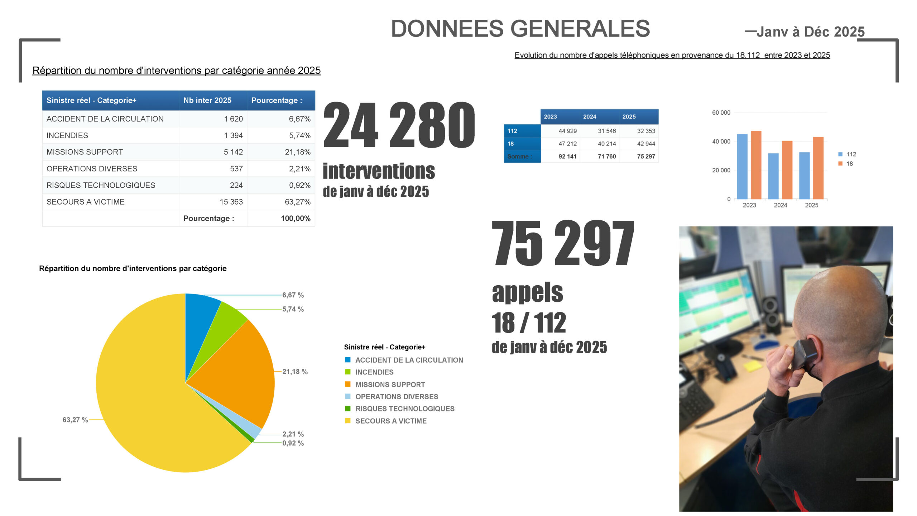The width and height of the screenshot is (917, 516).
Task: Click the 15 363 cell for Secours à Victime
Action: tap(231, 202)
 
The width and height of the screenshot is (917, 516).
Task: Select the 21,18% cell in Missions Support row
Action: tap(297, 152)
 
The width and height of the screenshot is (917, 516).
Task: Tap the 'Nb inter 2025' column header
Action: tap(207, 100)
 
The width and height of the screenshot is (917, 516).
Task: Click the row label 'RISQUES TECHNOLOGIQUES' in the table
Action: tap(101, 185)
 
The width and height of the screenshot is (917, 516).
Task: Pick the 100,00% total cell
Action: tap(296, 218)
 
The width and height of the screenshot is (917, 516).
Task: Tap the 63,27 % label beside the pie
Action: tap(75, 420)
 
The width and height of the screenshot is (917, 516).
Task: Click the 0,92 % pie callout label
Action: tap(293, 443)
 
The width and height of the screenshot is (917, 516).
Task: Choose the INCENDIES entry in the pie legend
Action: tap(374, 372)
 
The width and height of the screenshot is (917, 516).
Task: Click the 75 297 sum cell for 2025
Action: tap(646, 157)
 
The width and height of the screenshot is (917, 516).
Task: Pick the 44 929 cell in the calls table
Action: tap(567, 131)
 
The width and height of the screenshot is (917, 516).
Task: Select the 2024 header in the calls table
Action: tap(590, 117)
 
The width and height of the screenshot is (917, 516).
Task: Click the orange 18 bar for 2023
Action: tap(756, 165)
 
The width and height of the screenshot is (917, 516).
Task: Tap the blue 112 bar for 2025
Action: tap(804, 176)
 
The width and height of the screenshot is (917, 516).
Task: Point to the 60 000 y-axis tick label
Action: tap(721, 113)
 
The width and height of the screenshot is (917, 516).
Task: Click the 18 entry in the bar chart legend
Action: tap(849, 164)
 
